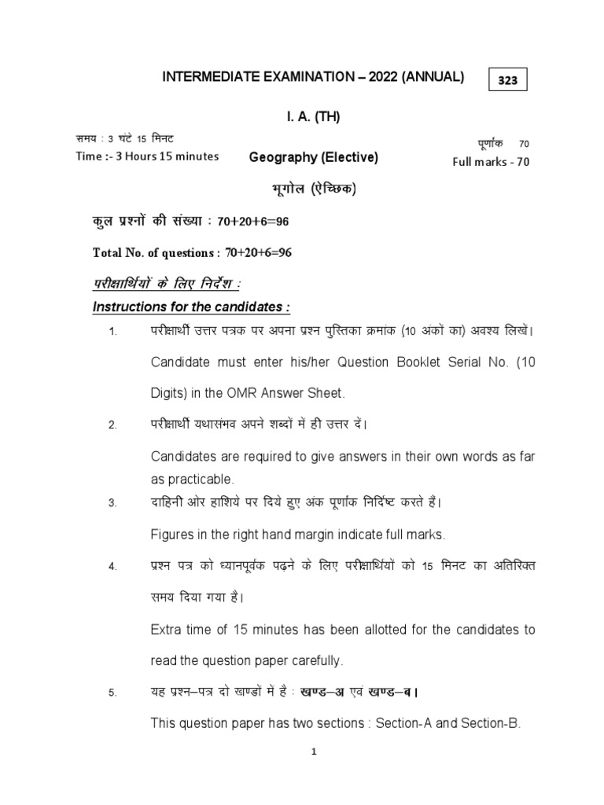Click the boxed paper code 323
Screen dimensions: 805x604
tap(508, 81)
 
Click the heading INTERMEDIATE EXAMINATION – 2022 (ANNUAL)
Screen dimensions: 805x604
tap(313, 76)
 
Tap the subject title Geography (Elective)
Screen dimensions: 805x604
tap(314, 157)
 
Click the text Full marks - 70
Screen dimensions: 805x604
tap(491, 162)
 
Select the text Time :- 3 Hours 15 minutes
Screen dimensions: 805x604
tap(147, 156)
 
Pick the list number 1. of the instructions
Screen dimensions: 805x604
tap(113, 333)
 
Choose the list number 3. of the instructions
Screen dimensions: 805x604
tap(113, 503)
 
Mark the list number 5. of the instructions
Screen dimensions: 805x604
tap(113, 693)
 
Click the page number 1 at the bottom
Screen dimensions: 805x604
tap(313, 752)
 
